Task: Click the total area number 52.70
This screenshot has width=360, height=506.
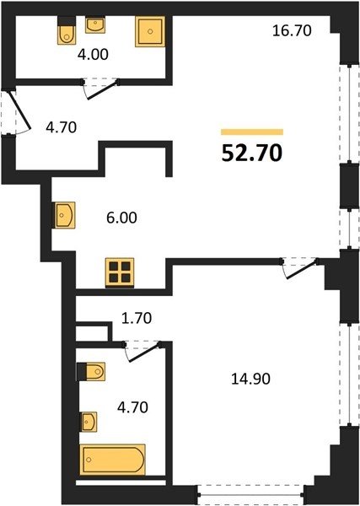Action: click(x=252, y=153)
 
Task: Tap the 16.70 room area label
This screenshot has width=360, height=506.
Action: click(x=292, y=30)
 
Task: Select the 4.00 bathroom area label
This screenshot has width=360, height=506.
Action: click(x=93, y=54)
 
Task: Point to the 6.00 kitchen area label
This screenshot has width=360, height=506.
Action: click(x=121, y=218)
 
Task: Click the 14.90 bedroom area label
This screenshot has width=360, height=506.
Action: click(x=250, y=379)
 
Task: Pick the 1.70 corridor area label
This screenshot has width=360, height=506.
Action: click(x=137, y=318)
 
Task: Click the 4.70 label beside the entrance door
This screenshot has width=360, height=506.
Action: click(x=61, y=127)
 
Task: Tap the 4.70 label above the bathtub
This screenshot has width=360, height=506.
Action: click(x=132, y=407)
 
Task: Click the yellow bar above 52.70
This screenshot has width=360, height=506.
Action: click(x=252, y=132)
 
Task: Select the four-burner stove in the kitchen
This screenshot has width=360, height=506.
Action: click(x=120, y=272)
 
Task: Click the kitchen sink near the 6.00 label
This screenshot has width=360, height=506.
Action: click(x=64, y=215)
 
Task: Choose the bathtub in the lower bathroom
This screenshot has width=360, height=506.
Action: click(x=113, y=460)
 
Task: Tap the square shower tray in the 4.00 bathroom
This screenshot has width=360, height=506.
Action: click(x=150, y=32)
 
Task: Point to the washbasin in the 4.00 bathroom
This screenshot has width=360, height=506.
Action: click(x=95, y=24)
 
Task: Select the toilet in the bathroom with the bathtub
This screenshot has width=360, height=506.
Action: click(x=91, y=371)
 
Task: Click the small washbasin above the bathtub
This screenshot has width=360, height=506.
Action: click(x=89, y=422)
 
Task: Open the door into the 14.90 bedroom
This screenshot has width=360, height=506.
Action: click(x=299, y=267)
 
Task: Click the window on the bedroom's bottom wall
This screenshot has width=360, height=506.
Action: click(x=250, y=494)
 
